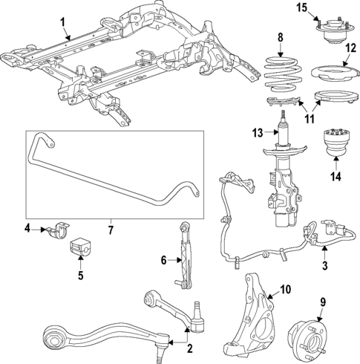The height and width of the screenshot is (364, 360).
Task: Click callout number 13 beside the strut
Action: coord(256,133)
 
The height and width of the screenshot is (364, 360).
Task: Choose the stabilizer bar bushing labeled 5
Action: coord(79,248)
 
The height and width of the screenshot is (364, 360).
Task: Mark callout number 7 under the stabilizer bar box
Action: coord(110,230)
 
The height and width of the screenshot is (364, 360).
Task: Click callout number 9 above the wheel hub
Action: coord(322,302)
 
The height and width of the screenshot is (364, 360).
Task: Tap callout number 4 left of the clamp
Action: coord(26,228)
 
